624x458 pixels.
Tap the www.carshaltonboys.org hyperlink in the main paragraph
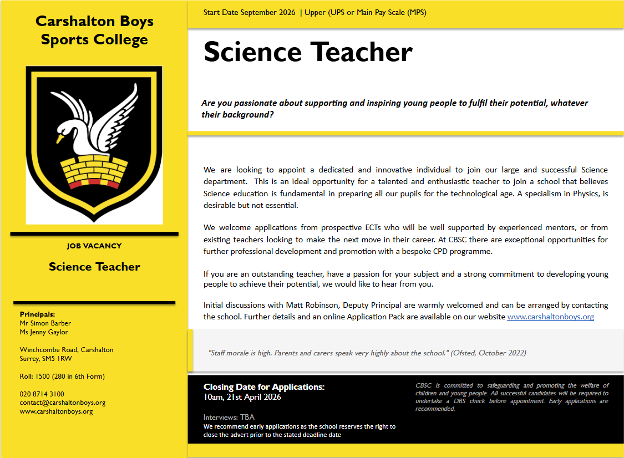tap(550, 317)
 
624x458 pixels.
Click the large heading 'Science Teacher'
tap(308, 52)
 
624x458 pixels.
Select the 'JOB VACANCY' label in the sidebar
tap(94, 246)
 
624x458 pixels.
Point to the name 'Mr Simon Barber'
tap(45, 323)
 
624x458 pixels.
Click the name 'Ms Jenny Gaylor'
tap(44, 332)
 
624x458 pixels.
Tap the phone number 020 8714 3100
tap(42, 394)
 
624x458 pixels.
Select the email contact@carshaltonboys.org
tap(62, 403)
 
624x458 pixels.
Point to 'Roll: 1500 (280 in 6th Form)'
tap(62, 376)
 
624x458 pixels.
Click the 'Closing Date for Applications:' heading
tap(264, 387)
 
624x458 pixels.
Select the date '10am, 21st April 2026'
tap(242, 397)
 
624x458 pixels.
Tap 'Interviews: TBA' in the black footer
tap(229, 417)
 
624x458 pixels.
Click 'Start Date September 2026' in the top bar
tap(249, 12)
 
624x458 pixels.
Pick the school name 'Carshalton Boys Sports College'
tap(94, 30)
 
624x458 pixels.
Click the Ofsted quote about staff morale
tap(367, 353)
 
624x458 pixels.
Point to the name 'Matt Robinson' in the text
tap(312, 306)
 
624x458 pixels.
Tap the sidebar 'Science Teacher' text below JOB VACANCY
tap(94, 267)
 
